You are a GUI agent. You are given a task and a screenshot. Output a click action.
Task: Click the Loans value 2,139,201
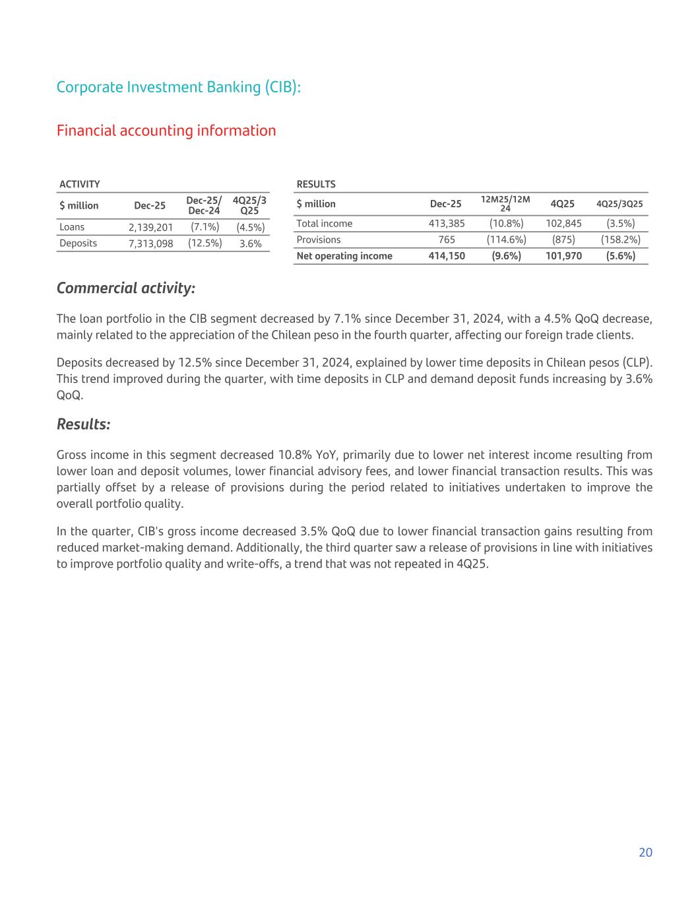point(150,227)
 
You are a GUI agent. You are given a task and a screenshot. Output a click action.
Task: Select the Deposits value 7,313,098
point(150,244)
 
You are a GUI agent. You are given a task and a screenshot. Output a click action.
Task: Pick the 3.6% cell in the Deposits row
point(251,244)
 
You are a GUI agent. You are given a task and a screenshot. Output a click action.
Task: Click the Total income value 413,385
point(447,224)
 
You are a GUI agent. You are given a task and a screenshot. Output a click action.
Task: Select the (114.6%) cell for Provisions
point(506,240)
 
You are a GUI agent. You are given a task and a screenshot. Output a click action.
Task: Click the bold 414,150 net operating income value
point(447,256)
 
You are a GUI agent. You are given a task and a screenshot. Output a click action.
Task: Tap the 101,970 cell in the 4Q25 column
point(563,256)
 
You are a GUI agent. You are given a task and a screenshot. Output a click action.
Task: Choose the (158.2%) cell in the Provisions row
point(620,240)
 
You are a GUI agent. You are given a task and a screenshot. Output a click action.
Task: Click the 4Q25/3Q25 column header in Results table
point(619,204)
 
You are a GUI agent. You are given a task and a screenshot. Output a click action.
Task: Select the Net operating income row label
point(344,256)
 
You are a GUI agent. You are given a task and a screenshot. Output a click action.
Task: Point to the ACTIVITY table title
point(80,184)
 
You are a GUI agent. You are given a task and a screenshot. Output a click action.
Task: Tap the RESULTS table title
point(316,184)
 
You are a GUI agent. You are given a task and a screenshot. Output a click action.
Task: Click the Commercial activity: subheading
point(126,288)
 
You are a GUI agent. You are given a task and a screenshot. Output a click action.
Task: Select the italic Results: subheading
point(84,424)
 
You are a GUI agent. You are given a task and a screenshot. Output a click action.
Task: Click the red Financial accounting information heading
point(166,131)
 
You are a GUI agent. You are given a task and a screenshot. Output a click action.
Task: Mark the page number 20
point(645,852)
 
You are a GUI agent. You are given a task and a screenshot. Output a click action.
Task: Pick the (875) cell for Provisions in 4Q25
point(563,240)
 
